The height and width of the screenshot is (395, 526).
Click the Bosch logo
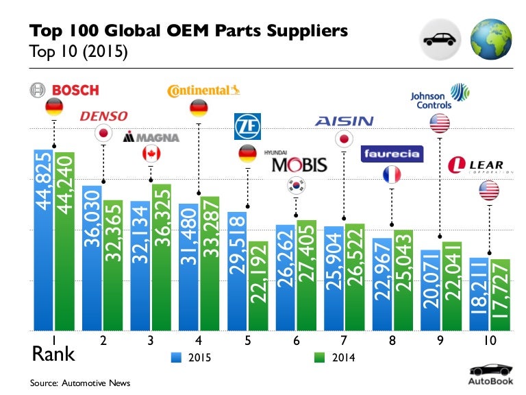[x=64, y=90]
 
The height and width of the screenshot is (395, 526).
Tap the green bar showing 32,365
[x=112, y=264]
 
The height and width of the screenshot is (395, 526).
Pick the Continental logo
[x=205, y=90]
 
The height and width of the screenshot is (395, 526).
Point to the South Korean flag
[x=297, y=184]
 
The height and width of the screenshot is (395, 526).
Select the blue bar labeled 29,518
[x=237, y=270]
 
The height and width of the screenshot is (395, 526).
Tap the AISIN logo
[x=344, y=121]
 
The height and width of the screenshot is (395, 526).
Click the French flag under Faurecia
[x=391, y=174]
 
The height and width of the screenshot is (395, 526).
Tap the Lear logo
[x=476, y=166]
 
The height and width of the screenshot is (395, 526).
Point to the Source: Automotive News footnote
[x=79, y=383]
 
